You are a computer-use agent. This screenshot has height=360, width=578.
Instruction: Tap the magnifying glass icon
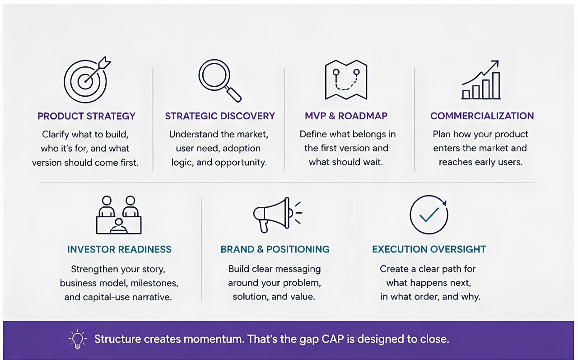click(x=220, y=80)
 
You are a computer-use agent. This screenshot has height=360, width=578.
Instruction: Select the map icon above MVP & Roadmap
click(x=346, y=80)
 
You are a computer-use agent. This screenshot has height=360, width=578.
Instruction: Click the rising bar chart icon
click(x=481, y=80)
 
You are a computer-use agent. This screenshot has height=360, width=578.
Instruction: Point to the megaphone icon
click(x=278, y=215)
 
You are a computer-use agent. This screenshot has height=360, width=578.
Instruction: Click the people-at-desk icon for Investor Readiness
click(x=119, y=215)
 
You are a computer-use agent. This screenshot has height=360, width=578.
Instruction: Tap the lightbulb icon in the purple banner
click(x=77, y=339)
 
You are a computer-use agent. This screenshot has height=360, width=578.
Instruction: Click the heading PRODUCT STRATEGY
click(x=86, y=116)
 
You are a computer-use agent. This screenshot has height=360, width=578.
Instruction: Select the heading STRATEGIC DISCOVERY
click(x=220, y=116)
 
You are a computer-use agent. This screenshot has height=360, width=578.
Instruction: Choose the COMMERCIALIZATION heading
click(x=482, y=116)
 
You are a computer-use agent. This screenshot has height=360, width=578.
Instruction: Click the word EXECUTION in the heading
click(x=400, y=249)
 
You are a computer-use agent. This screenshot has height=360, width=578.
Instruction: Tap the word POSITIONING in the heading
click(x=298, y=249)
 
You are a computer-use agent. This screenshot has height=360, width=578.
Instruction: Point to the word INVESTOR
click(x=91, y=249)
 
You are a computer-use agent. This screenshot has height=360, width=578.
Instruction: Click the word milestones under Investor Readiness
click(x=154, y=283)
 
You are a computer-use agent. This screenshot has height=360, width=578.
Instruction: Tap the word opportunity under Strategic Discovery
click(x=241, y=162)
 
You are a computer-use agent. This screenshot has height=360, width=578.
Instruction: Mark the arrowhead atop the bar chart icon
click(x=495, y=64)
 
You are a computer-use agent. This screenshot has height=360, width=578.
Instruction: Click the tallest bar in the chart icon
click(x=496, y=86)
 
